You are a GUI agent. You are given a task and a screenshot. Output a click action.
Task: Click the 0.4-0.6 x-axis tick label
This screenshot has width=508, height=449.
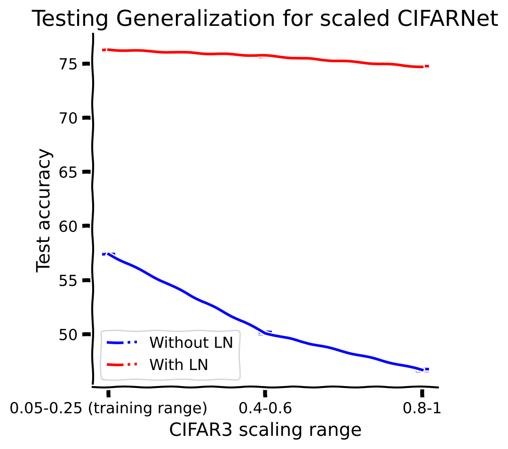[265, 409]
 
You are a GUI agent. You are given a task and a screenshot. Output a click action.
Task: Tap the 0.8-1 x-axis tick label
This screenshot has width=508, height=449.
[422, 409]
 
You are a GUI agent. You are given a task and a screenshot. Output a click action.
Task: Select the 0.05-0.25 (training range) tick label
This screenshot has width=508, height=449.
[109, 409]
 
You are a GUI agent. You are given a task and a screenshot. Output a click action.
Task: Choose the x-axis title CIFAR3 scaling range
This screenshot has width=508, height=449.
[265, 430]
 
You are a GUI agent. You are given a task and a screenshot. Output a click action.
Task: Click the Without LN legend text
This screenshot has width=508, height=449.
[191, 343]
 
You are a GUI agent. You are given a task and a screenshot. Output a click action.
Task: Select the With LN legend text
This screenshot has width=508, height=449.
[179, 364]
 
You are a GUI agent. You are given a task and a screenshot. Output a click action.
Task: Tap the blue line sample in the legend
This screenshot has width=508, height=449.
[122, 342]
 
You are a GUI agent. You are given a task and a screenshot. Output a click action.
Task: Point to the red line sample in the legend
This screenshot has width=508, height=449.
[122, 364]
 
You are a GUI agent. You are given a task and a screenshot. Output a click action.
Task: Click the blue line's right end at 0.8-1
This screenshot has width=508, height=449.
[422, 370]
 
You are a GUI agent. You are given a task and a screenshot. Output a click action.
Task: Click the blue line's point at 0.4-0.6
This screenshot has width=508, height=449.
[265, 333]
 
